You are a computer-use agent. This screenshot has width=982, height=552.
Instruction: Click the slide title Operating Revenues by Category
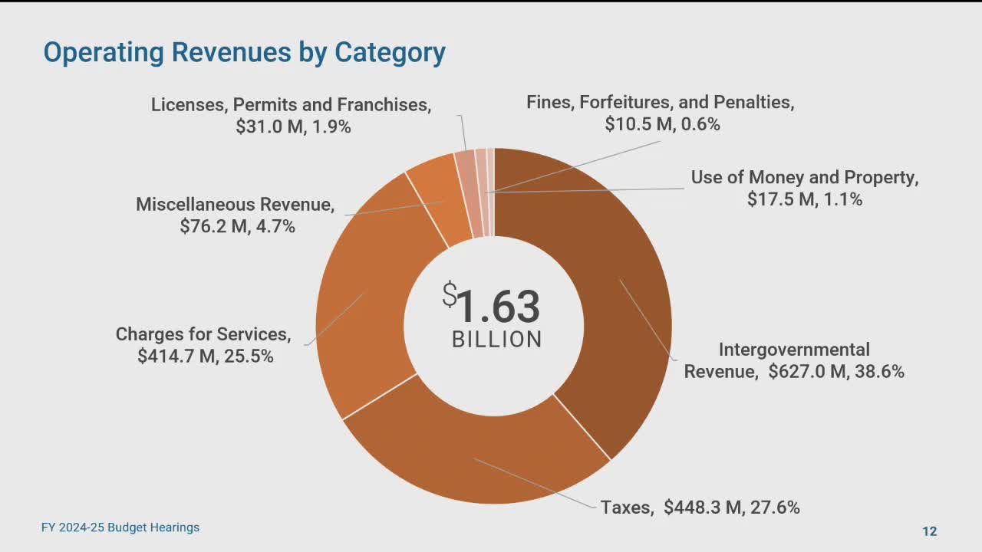point(244,52)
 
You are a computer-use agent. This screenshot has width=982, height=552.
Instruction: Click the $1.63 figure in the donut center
point(492,305)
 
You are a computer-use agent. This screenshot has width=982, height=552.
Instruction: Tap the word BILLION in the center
point(496,340)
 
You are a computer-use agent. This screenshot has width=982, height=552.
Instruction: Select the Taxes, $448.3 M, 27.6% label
point(700,507)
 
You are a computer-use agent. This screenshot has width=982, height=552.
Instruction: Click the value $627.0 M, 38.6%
point(836,372)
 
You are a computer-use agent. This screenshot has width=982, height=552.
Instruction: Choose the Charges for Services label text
point(203,334)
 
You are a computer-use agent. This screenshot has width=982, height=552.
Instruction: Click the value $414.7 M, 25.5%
point(206,356)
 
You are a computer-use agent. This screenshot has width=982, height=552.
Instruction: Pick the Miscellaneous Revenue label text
point(236,205)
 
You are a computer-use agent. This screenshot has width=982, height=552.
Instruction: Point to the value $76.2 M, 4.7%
point(237,226)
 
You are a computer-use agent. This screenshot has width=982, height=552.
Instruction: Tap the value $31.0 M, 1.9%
point(293,127)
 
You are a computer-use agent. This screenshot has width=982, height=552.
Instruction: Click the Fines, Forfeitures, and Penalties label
point(660,103)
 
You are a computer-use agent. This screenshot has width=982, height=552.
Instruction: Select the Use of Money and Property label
point(805,177)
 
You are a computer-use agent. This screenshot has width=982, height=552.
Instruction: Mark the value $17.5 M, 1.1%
point(805,199)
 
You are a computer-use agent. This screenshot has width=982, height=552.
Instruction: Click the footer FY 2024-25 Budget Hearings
point(120,527)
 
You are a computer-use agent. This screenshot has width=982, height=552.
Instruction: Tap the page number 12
point(929,531)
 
